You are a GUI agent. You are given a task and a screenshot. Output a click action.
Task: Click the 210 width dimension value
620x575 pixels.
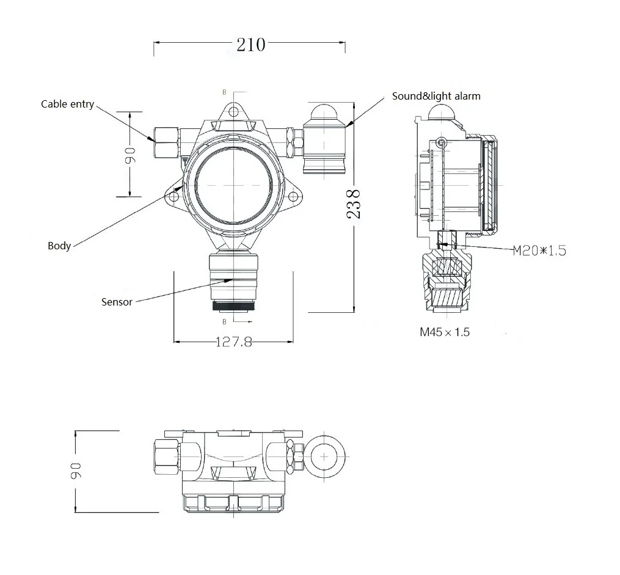(250, 44)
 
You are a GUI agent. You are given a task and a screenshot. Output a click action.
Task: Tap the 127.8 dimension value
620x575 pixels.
(234, 342)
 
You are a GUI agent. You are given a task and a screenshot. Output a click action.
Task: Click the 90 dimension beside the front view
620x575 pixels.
(129, 155)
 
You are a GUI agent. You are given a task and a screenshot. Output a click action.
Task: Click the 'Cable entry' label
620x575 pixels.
(67, 104)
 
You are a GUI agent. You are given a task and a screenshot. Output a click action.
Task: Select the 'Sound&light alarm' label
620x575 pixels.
(436, 96)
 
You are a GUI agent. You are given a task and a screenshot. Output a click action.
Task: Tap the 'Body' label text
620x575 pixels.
(59, 246)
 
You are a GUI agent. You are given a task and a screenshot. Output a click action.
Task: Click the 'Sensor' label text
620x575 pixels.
(117, 302)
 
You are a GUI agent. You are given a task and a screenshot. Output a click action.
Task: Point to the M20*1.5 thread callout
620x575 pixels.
(539, 249)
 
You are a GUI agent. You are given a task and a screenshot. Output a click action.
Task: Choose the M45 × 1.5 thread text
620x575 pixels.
(444, 332)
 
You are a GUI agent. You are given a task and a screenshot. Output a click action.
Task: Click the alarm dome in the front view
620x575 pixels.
(324, 112)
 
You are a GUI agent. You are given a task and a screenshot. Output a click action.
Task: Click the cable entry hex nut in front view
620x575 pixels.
(166, 142)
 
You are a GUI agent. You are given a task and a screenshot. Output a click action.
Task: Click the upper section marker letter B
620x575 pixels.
(224, 92)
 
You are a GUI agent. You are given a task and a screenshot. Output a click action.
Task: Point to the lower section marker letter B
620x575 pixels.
(224, 321)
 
